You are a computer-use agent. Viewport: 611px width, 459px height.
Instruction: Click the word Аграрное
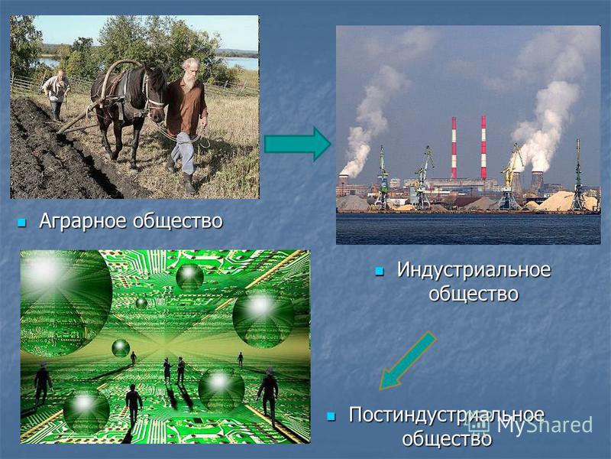[83, 221]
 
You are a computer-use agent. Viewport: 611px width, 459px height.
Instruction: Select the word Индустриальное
[474, 269]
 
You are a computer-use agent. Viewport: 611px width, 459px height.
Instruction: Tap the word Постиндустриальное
[446, 415]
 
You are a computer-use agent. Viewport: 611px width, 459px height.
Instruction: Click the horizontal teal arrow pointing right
[298, 144]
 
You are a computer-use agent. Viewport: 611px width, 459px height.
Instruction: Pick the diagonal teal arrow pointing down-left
[407, 360]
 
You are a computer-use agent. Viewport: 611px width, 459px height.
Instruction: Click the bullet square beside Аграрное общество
[21, 223]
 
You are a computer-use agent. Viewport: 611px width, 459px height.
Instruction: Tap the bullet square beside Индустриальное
[379, 271]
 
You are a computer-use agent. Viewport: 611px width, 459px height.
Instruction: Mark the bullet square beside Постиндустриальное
[331, 416]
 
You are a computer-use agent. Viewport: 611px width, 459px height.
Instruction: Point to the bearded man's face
[191, 70]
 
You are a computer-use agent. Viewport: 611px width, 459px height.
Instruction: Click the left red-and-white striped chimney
[454, 148]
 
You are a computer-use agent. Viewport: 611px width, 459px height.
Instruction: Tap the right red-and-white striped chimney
[483, 147]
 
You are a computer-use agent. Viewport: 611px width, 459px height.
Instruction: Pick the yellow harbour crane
[510, 177]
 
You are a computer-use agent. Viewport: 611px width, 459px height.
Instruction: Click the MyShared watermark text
[545, 425]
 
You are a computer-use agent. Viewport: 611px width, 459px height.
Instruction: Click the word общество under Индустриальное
[474, 294]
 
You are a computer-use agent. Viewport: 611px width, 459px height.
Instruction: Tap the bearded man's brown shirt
[186, 106]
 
